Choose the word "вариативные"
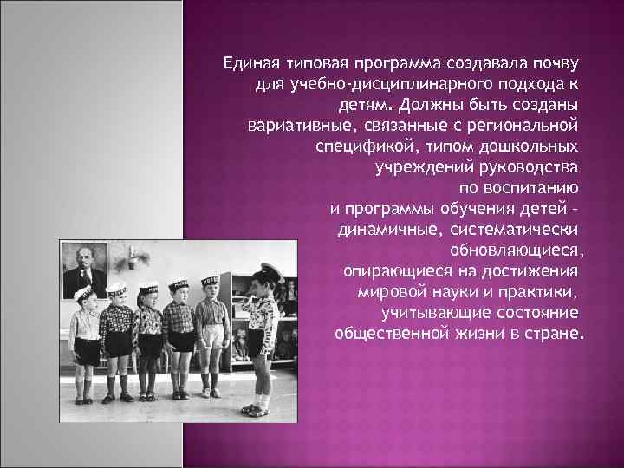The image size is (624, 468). click(x=291, y=123)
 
